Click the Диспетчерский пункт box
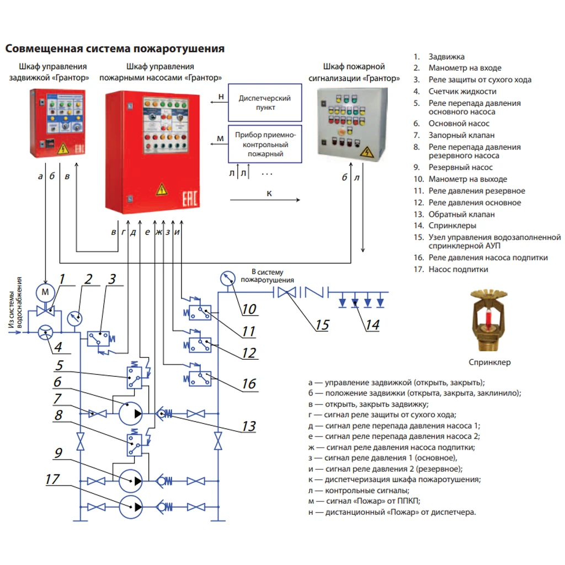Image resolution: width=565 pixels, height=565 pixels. pos(265,103)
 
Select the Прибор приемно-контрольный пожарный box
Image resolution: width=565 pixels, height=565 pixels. pos(265,145)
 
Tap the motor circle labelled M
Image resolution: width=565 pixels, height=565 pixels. pos(45,291)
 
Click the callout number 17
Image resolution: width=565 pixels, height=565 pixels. pos(52,479)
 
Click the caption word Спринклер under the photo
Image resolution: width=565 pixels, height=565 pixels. pos(489,363)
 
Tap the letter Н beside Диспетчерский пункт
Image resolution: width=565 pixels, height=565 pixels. pos(221,97)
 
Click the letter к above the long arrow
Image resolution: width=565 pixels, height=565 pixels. pos(269,193)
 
